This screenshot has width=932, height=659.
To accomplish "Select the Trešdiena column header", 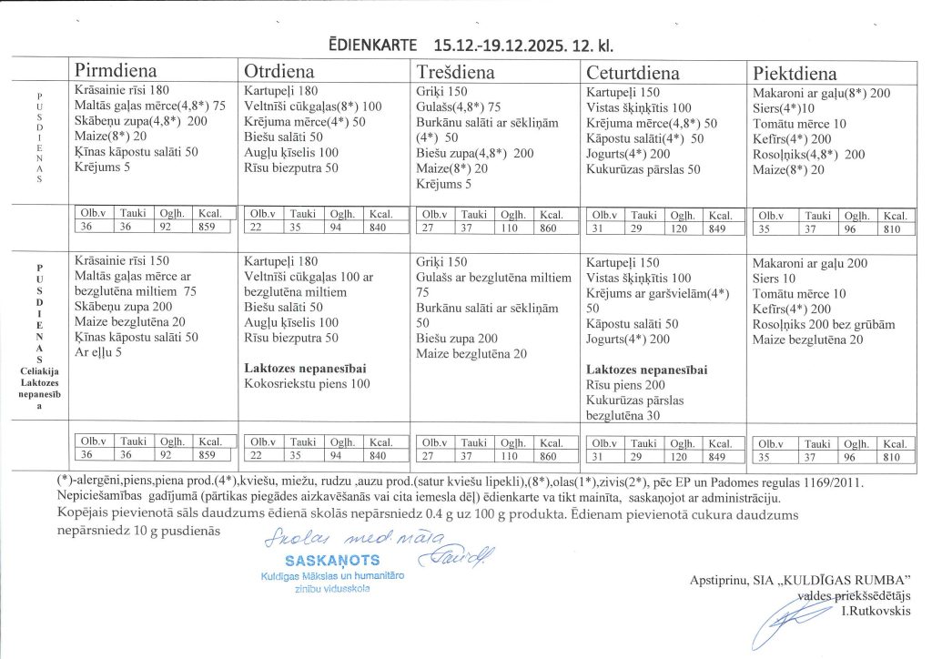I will (x=455, y=72).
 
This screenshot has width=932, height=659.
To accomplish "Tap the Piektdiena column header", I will (x=795, y=73).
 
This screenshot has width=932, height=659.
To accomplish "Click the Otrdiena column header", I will (x=279, y=72).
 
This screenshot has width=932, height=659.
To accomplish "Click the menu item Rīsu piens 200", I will (x=626, y=385).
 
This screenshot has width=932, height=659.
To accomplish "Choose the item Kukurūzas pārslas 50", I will (x=643, y=169).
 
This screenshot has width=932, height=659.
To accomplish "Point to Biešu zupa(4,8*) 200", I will (x=474, y=154).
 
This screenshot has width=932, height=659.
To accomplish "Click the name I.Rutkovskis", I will (x=876, y=610).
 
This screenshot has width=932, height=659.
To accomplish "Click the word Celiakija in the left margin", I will (x=38, y=370).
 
